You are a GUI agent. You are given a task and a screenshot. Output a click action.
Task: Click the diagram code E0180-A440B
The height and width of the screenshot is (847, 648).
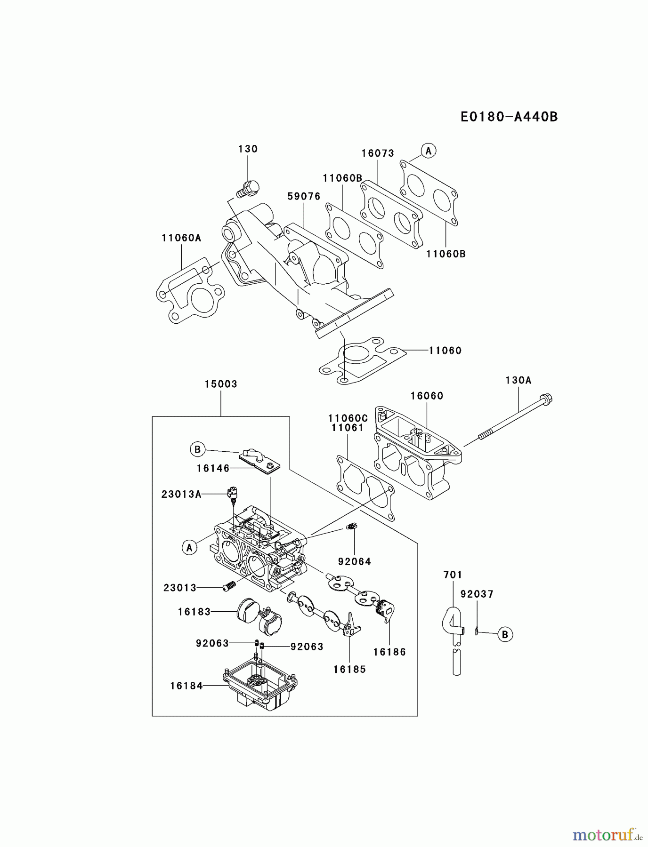pos(509,117)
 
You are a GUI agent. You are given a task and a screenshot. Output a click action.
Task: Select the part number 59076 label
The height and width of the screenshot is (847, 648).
pos(304,196)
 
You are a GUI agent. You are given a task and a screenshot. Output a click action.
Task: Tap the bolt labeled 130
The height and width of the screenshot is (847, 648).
pos(249,188)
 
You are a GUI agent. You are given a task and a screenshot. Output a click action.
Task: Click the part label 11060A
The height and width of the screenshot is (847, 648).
pos(181,238)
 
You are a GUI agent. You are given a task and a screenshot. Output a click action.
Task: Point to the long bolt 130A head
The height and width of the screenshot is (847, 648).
pos(546,400)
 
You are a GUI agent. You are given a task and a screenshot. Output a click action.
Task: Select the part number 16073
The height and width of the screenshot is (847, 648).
pos(378,153)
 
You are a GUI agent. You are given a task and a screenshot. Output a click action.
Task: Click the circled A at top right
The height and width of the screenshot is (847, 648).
pos(428,151)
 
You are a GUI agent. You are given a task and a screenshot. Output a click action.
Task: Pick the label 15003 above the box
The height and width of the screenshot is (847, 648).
pos(221,384)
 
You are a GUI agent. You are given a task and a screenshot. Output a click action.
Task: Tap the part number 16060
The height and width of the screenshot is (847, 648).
pos(427,396)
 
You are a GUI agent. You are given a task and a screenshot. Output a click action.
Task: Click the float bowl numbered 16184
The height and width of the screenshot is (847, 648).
pos(260,687)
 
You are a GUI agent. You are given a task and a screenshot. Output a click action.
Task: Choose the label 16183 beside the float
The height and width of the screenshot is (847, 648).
pos(194,612)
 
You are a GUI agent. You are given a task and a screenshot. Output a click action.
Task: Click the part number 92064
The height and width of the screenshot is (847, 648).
pos(354,561)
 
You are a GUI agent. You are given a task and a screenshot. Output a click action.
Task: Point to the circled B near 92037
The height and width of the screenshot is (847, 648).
pos(505,634)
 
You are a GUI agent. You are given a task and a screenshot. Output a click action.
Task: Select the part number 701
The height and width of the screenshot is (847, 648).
pos(453,575)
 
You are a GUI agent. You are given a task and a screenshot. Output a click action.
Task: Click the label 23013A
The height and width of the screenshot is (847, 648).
pos(181,494)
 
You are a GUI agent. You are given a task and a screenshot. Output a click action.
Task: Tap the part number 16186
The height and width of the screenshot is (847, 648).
pos(389,652)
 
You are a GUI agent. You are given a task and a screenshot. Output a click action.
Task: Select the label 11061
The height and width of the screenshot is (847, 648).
pos(348,427)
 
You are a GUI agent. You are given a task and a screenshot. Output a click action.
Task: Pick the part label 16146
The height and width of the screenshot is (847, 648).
pos(213,468)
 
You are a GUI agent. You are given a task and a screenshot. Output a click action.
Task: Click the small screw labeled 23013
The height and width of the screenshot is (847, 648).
pos(229,587)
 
